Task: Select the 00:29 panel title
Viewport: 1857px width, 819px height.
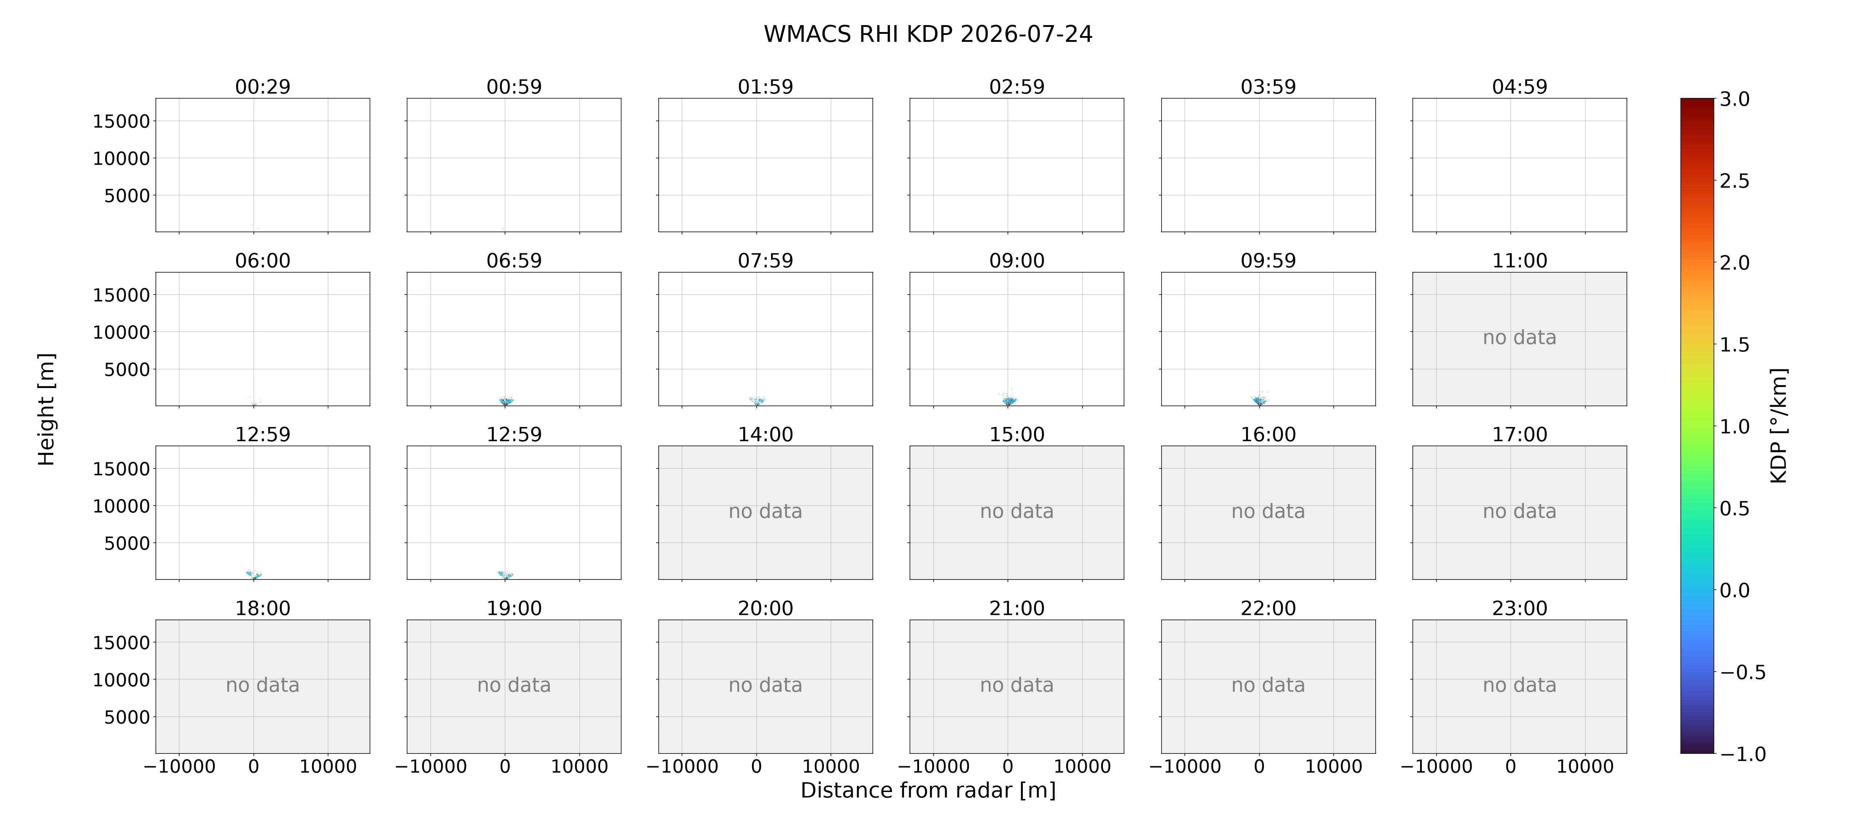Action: [263, 87]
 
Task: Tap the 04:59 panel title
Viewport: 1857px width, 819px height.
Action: [1519, 87]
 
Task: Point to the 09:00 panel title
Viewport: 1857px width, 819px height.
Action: [1017, 260]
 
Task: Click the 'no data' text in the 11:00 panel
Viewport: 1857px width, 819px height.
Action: [1519, 337]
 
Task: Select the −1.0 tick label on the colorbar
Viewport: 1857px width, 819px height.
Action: [1742, 754]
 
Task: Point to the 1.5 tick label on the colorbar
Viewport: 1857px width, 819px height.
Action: [1734, 345]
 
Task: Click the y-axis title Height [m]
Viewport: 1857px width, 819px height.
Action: [46, 409]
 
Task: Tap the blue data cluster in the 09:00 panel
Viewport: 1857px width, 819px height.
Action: [1009, 400]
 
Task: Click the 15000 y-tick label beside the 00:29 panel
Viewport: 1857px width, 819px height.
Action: [121, 121]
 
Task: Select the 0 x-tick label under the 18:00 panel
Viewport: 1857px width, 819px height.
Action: [254, 766]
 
